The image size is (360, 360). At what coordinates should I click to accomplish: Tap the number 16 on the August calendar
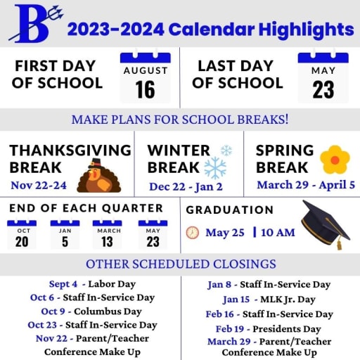tap(145, 89)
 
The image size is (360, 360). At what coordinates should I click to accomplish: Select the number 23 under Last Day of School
tap(323, 89)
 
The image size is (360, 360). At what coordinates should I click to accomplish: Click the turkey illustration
tap(99, 176)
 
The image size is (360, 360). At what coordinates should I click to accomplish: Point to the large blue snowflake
tap(215, 168)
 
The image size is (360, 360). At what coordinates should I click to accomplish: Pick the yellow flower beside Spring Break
tap(335, 160)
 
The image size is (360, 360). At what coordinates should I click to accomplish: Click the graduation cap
tap(326, 224)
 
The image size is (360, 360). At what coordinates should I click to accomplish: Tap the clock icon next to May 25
tap(193, 233)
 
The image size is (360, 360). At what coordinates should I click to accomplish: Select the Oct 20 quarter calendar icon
tap(22, 234)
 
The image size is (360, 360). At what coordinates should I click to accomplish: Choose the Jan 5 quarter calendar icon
tap(65, 234)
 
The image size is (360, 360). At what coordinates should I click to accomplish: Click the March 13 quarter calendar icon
tap(108, 234)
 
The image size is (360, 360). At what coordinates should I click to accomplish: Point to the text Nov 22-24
tap(39, 186)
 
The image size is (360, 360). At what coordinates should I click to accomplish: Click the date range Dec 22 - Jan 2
tap(186, 187)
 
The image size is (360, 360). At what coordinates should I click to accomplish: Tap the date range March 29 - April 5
tap(306, 185)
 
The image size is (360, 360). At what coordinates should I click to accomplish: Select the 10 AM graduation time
tap(278, 233)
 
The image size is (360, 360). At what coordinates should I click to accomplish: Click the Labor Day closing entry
tap(92, 284)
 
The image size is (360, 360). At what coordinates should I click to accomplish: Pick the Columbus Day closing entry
tap(91, 311)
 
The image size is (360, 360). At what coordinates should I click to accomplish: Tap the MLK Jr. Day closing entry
tap(269, 300)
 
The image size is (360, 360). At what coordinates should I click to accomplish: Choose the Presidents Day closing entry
tap(269, 329)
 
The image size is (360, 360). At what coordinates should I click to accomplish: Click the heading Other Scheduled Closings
tap(181, 264)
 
